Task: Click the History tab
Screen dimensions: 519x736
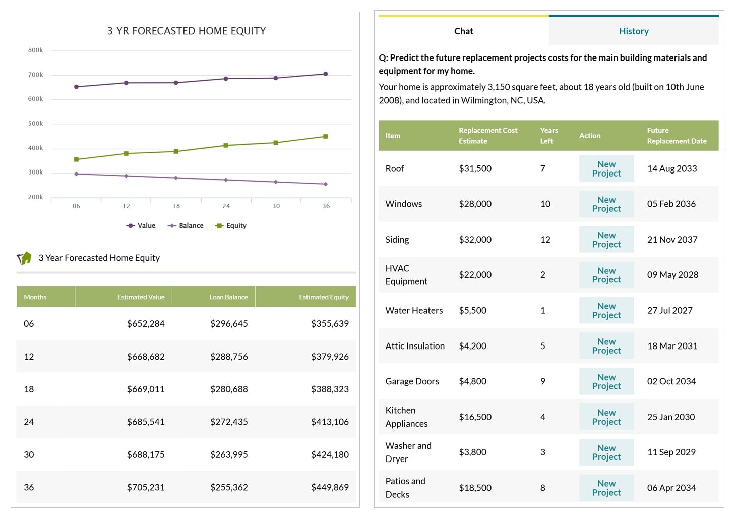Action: click(633, 31)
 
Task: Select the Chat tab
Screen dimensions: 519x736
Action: click(463, 31)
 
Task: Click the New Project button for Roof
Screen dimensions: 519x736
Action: click(606, 169)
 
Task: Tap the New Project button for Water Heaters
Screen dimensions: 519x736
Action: click(606, 311)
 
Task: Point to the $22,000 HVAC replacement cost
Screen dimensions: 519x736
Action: click(475, 275)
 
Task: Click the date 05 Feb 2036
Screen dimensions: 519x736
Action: click(671, 204)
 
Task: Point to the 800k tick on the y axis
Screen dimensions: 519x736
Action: click(35, 50)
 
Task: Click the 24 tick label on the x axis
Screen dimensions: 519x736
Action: click(226, 206)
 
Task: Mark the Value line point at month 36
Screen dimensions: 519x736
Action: click(326, 74)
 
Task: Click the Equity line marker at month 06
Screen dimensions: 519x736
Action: click(76, 159)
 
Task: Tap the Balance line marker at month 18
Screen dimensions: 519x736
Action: click(176, 178)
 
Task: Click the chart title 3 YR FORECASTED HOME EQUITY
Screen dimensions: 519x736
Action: click(187, 31)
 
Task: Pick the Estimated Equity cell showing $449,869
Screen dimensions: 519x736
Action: click(330, 488)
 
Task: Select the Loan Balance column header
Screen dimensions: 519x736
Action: click(228, 297)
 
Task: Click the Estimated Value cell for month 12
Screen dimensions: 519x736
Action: click(146, 357)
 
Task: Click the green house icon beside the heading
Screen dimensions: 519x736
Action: click(24, 258)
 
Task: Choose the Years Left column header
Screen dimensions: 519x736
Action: click(548, 136)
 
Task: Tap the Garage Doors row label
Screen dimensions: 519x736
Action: click(412, 382)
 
